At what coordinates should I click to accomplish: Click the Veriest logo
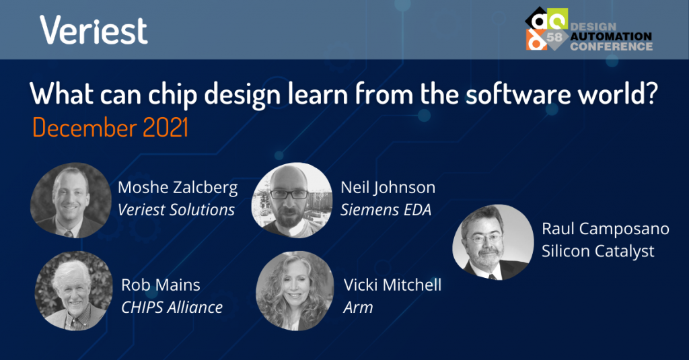(x=94, y=30)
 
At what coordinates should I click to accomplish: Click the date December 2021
(x=110, y=128)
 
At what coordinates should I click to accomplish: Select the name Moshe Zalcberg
(x=178, y=188)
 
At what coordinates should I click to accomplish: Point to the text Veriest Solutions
(x=176, y=210)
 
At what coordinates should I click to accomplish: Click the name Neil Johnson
(x=388, y=188)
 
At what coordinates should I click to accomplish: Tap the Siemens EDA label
(x=386, y=210)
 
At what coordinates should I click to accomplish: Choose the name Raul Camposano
(x=606, y=229)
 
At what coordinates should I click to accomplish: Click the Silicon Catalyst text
(x=598, y=252)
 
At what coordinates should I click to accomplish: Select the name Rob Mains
(x=161, y=285)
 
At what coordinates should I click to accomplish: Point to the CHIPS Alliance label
(x=172, y=308)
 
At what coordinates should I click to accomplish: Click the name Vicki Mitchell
(x=392, y=285)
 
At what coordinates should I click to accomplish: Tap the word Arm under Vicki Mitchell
(x=358, y=308)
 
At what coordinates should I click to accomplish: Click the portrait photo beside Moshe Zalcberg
(x=71, y=201)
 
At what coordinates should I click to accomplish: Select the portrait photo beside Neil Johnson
(x=292, y=201)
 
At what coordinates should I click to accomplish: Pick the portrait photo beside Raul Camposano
(x=493, y=242)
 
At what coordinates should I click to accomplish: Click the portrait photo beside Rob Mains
(x=74, y=291)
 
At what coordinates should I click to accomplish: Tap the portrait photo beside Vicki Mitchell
(x=295, y=291)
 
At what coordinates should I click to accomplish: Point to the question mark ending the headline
(x=651, y=93)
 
